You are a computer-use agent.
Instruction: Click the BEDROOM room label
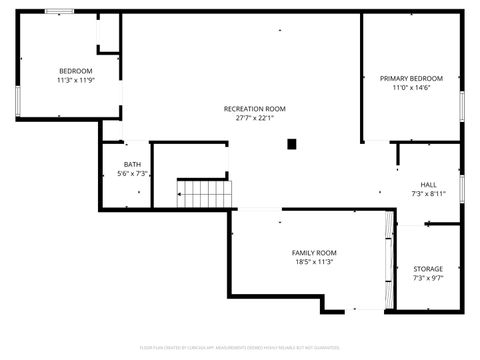(x=75, y=70)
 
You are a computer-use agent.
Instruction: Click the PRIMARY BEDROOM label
(x=411, y=78)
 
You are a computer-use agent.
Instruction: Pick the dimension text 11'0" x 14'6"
(x=411, y=87)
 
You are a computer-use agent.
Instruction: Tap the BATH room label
(x=132, y=164)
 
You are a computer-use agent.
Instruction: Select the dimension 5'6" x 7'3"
(x=132, y=173)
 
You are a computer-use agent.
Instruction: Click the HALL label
(x=428, y=184)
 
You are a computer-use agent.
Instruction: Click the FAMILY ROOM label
(x=314, y=253)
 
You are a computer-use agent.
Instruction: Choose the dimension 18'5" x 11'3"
(x=314, y=262)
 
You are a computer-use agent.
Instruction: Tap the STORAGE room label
(x=428, y=269)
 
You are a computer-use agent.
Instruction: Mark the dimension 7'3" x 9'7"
(x=428, y=278)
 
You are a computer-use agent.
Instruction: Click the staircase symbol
(x=203, y=192)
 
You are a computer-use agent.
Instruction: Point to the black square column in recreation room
(x=292, y=144)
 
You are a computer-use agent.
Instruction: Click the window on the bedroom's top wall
(x=59, y=12)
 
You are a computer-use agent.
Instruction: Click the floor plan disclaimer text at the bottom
(x=240, y=348)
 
